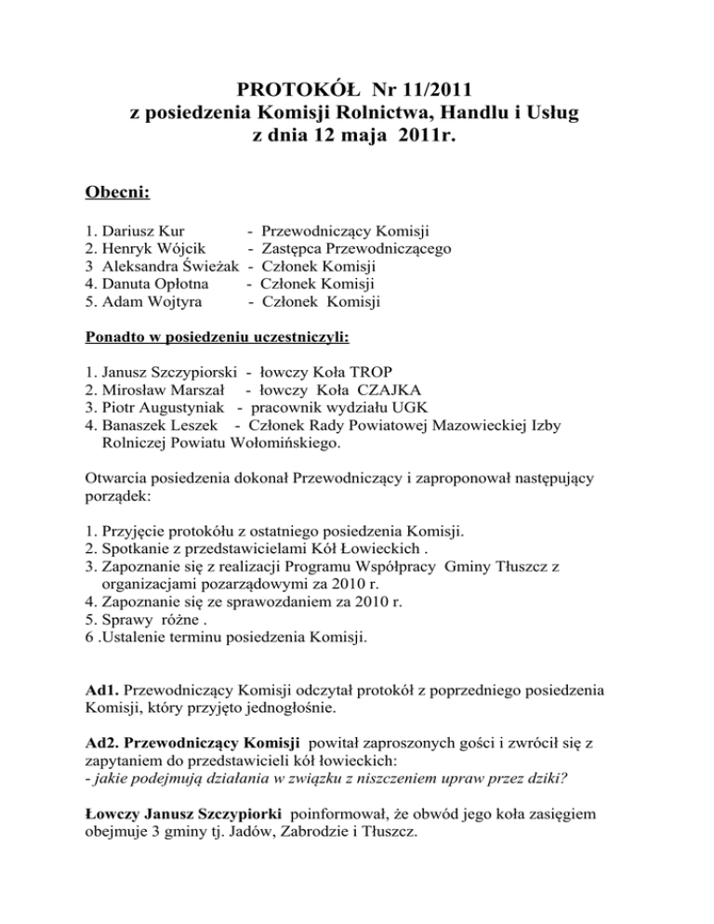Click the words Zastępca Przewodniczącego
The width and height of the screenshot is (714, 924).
point(358,248)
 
